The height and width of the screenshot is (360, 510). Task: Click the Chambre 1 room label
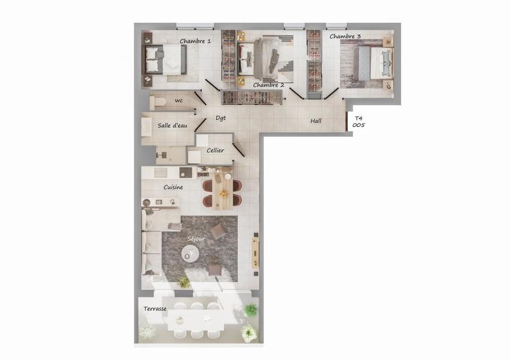(x=195, y=41)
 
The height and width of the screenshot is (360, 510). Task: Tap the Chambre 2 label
(x=268, y=85)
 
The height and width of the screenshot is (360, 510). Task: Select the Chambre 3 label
(x=345, y=37)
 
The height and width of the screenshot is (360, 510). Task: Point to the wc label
(x=178, y=101)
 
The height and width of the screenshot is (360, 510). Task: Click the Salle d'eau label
(x=172, y=126)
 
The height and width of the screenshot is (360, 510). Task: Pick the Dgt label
(x=221, y=118)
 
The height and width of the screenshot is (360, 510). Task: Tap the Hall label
(x=316, y=121)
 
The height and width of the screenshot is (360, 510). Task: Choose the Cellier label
(x=215, y=150)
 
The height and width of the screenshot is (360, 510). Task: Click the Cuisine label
(x=173, y=187)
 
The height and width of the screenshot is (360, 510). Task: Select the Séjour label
(x=196, y=238)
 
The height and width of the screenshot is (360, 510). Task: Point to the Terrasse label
(x=155, y=309)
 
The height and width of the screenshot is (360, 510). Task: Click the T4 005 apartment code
(x=359, y=122)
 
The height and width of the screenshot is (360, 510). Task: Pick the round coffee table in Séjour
(x=190, y=254)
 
